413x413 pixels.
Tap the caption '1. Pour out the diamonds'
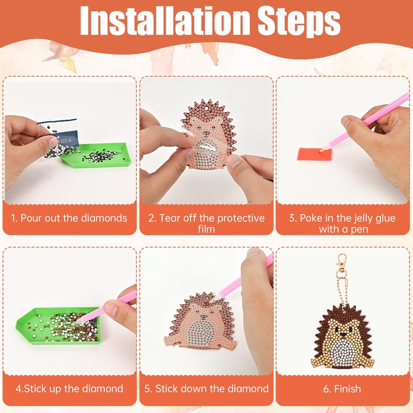coord(69,218)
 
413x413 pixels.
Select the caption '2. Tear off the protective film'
coord(206,223)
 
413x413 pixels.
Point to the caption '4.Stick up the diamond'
coord(69,388)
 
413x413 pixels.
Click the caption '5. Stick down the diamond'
coord(206,388)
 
